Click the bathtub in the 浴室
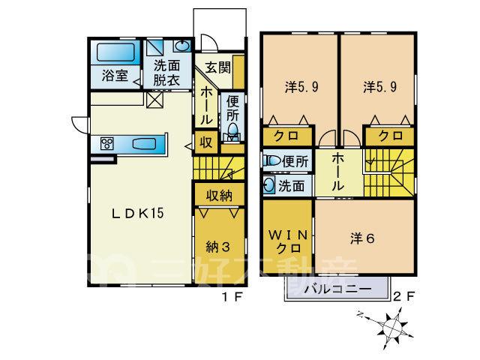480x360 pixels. [x=115, y=52]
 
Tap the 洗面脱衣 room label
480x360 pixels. [x=166, y=73]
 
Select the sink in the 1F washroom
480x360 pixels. [x=182, y=46]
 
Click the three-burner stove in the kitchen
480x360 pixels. [x=107, y=143]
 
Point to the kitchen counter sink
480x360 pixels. [x=144, y=144]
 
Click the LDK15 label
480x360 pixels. [x=138, y=213]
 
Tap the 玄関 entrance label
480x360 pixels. [x=217, y=67]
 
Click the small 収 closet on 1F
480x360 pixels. [x=206, y=142]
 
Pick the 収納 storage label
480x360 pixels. [x=219, y=195]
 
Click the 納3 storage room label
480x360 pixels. [x=218, y=247]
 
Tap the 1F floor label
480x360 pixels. [x=232, y=297]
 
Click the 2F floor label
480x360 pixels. [x=403, y=296]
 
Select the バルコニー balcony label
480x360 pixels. [x=337, y=289]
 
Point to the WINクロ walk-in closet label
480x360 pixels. [x=288, y=241]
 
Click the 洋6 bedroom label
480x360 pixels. [x=362, y=238]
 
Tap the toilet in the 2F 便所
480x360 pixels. [x=272, y=160]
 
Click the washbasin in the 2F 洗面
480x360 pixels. [x=269, y=185]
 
